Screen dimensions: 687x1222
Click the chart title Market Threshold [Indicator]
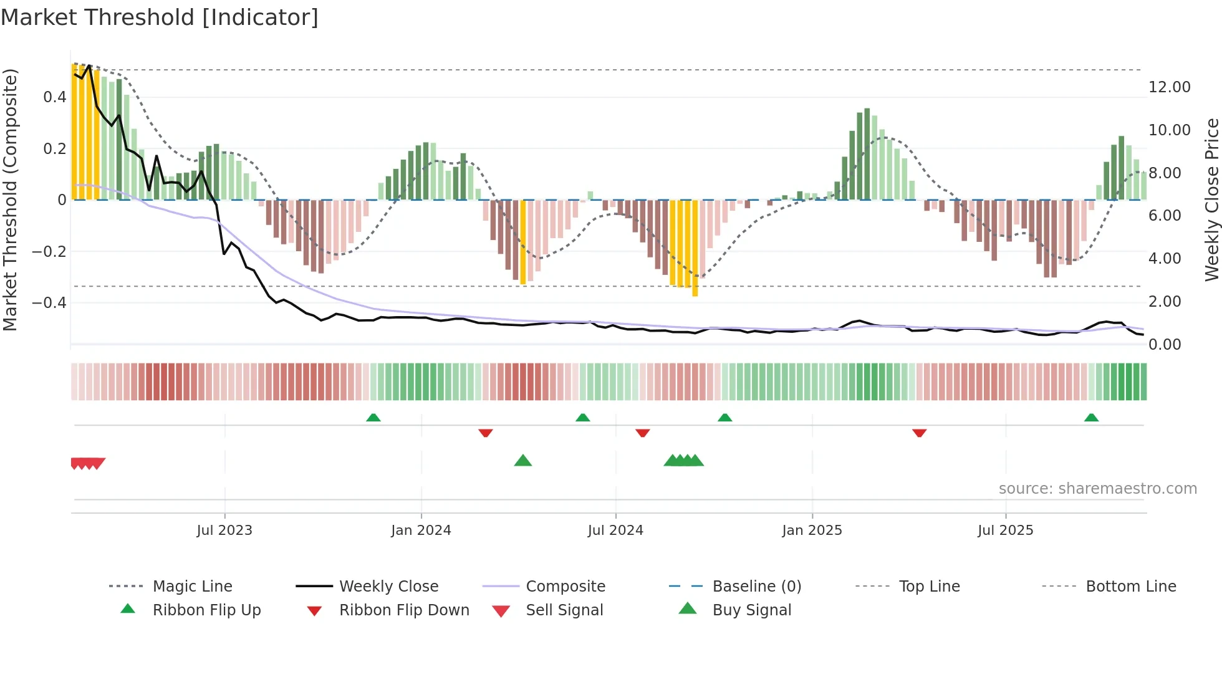pos(160,17)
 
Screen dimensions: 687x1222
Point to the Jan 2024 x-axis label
pos(421,530)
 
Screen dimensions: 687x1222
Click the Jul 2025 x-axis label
pos(1005,530)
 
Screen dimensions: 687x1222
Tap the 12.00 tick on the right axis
pos(1169,87)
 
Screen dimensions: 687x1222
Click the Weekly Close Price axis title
pos(1211,199)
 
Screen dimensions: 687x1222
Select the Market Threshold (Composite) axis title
pos(10,199)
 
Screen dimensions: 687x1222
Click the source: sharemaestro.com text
pos(1097,488)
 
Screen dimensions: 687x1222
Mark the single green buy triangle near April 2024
pos(523,461)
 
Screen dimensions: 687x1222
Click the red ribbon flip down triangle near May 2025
pos(919,433)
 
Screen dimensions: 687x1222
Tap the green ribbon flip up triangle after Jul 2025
pos(1091,418)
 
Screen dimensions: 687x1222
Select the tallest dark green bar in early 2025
pos(867,154)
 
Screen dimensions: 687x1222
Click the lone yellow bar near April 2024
pos(523,242)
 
